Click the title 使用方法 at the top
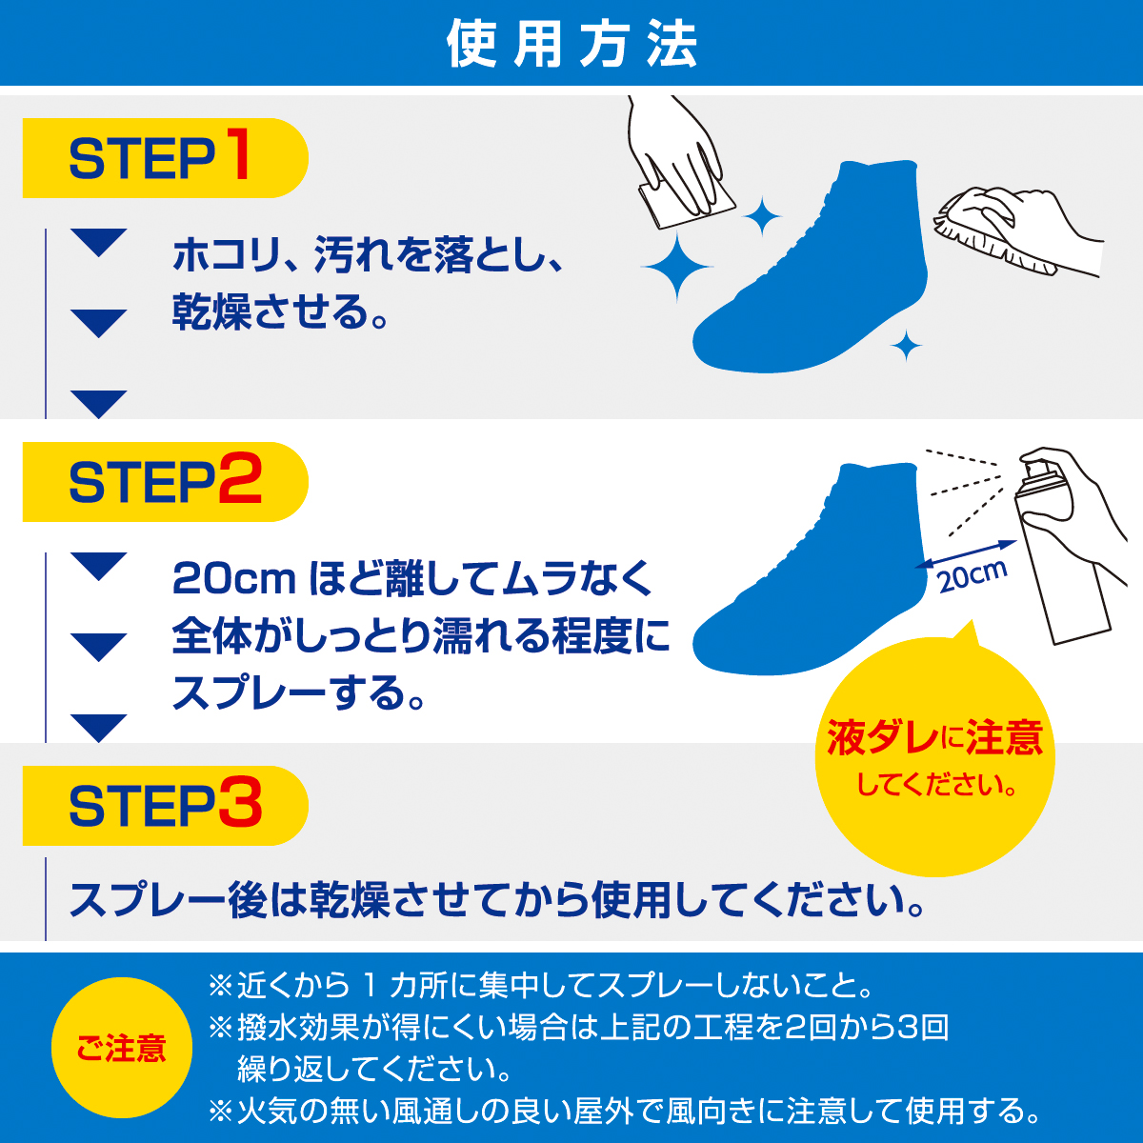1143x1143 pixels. (571, 44)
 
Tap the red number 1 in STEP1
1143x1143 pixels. (237, 156)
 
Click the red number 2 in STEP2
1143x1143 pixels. (240, 481)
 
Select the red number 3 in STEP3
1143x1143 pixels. (240, 805)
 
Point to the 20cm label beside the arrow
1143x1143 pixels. (972, 574)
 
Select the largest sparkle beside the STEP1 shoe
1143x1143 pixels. (678, 268)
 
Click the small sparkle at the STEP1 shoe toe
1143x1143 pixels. (906, 346)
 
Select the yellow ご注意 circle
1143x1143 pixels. (122, 1048)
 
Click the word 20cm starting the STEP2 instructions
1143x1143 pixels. (233, 579)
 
